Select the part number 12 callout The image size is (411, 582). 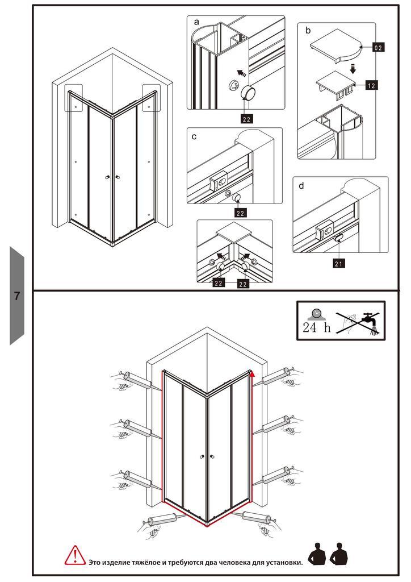(371, 85)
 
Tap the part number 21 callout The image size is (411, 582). (338, 264)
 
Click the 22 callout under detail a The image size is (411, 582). (246, 119)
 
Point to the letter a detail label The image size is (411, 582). (196, 22)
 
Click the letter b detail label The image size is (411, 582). (308, 31)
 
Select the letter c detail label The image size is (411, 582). (194, 136)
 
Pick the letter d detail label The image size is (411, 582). (301, 186)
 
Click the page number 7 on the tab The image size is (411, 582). (16, 296)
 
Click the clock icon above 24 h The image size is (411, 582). (316, 314)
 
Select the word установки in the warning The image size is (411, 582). (284, 562)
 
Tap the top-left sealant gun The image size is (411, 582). (136, 381)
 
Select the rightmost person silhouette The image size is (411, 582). (339, 554)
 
